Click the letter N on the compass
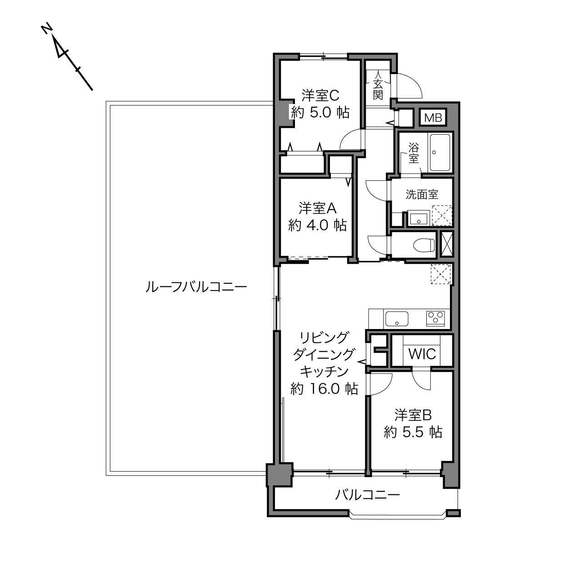[47, 29]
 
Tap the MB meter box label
[433, 118]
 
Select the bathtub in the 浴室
[440, 152]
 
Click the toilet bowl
[424, 245]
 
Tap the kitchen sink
[397, 319]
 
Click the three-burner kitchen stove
[435, 319]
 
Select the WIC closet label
[422, 354]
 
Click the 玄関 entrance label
[378, 90]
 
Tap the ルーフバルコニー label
[196, 287]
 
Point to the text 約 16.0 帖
[324, 389]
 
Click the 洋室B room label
[413, 415]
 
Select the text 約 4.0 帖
[317, 225]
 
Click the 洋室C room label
[320, 95]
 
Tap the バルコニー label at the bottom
[368, 494]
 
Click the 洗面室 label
[422, 195]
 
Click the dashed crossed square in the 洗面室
[442, 215]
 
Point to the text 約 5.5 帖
[413, 432]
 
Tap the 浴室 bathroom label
[414, 154]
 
